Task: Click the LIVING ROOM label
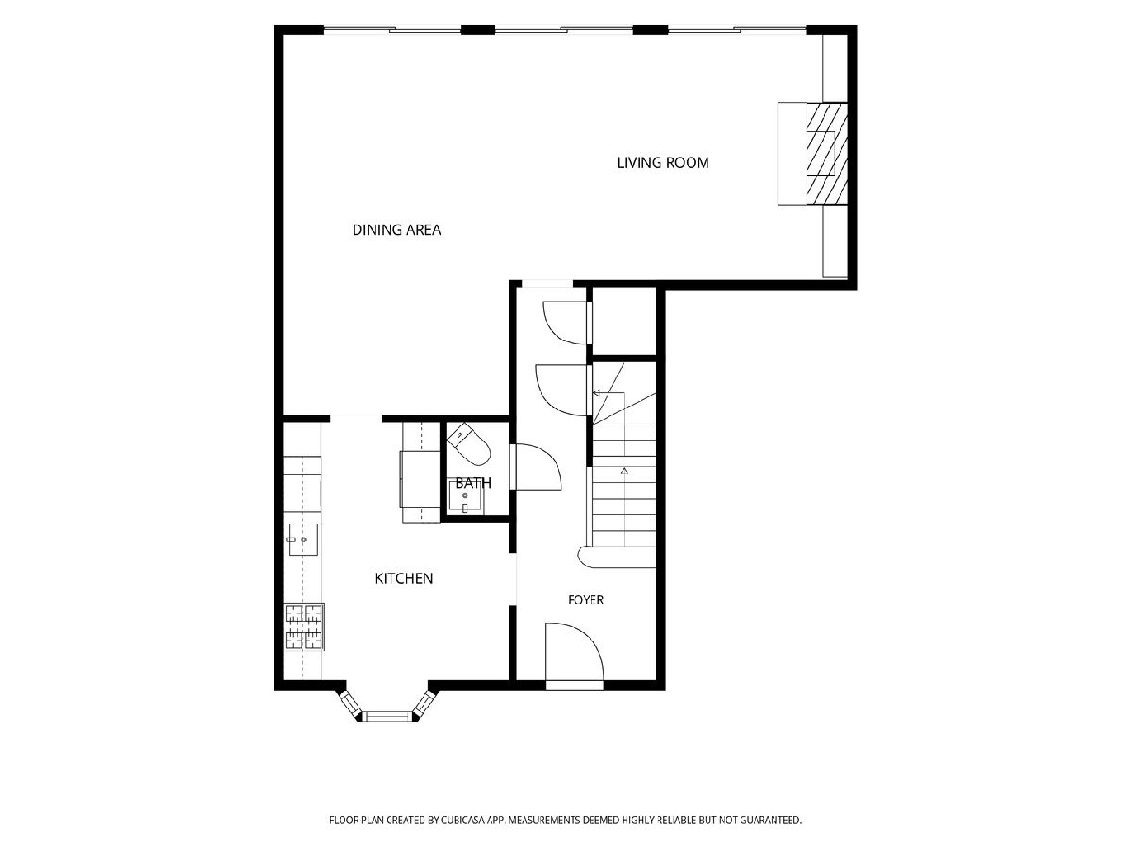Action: (662, 162)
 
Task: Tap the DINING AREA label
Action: (396, 230)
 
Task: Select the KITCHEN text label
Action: (404, 578)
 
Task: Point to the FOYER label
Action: (586, 600)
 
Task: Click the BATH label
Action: (473, 483)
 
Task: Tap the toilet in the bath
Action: (468, 443)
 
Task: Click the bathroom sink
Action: (466, 496)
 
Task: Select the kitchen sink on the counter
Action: (303, 540)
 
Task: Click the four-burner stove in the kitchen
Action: (305, 625)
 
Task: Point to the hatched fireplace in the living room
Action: (826, 154)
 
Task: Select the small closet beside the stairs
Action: (624, 321)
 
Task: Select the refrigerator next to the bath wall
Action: (420, 478)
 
